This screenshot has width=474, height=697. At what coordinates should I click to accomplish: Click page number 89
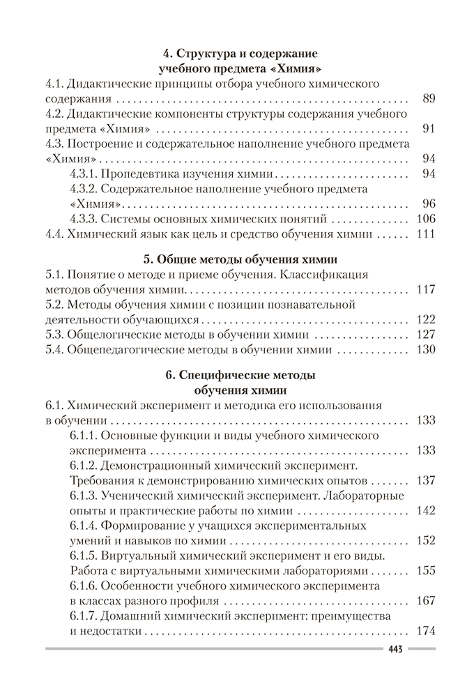429,98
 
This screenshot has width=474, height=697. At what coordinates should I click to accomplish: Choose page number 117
425,289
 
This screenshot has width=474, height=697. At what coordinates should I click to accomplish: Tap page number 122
425,319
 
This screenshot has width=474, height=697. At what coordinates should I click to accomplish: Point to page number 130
425,350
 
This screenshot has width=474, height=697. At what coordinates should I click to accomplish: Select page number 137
425,481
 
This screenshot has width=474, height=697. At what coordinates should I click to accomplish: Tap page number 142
425,510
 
